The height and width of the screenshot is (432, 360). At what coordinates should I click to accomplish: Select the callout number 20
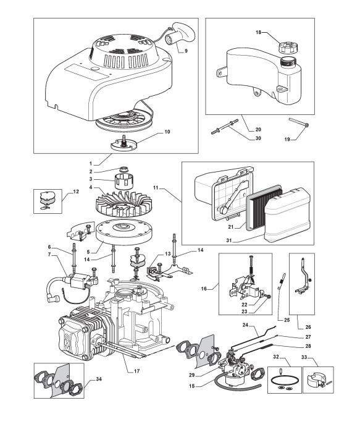pos(258,130)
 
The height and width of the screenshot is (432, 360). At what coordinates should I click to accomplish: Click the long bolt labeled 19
pos(299,122)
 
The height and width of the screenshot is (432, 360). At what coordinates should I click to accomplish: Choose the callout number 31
pos(229,240)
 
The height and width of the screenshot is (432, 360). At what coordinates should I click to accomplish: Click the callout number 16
pos(204,289)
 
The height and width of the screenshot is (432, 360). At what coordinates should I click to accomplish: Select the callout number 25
pos(287,320)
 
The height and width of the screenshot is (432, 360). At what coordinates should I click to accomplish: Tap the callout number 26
pos(308,327)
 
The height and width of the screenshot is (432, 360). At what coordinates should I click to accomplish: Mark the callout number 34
pos(99,379)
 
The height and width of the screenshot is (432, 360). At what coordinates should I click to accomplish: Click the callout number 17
pos(137,371)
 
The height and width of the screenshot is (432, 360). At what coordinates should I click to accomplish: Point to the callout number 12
pos(76,191)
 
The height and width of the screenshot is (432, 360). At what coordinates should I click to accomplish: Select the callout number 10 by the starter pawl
pos(167,132)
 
